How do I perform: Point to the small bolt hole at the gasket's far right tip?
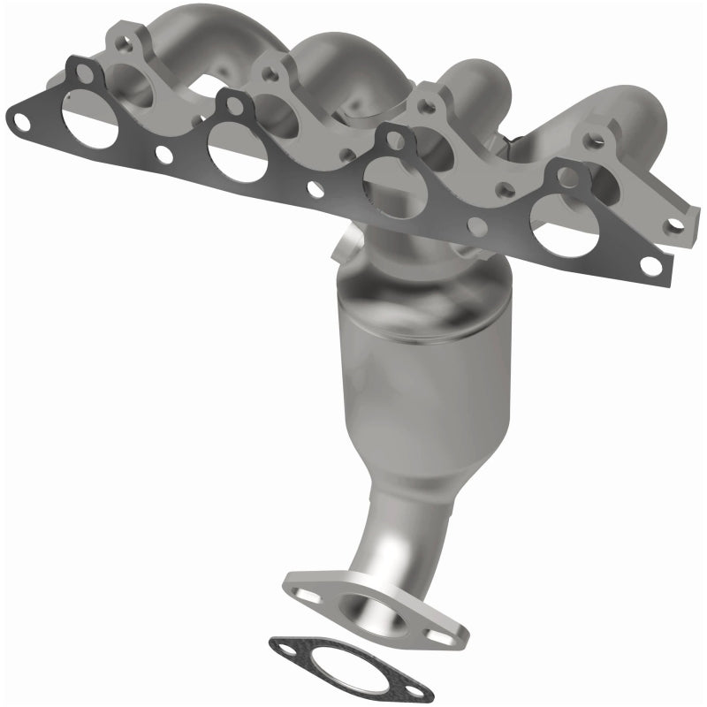(x=652, y=266)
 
